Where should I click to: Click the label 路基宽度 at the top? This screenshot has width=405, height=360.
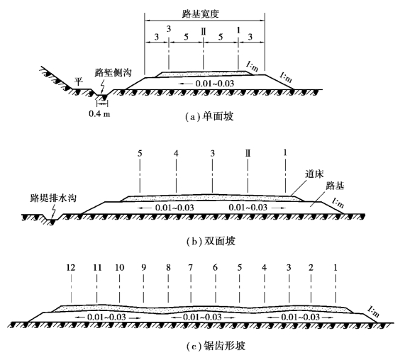click(x=201, y=13)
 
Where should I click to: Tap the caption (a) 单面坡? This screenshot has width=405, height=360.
click(x=209, y=117)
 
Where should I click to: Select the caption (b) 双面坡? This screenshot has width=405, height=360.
click(x=211, y=241)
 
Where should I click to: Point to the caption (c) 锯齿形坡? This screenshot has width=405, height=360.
click(x=216, y=346)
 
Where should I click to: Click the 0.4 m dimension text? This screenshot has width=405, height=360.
click(x=99, y=113)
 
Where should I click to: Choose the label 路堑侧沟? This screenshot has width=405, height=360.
click(x=113, y=72)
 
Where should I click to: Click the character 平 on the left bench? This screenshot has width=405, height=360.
click(x=79, y=81)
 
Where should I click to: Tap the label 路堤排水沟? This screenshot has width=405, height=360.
click(x=53, y=198)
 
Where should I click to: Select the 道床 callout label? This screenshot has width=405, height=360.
click(x=314, y=174)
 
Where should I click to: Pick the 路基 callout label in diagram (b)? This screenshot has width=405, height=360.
click(x=335, y=186)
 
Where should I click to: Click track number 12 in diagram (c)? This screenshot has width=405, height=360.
click(x=71, y=268)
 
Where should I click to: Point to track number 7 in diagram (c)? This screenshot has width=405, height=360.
click(x=191, y=268)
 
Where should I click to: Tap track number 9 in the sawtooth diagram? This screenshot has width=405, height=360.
click(x=143, y=268)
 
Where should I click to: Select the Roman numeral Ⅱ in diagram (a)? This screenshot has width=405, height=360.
click(x=204, y=32)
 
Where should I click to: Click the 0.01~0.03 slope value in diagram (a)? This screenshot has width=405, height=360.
click(x=215, y=84)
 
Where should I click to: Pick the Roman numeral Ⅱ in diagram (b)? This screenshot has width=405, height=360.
click(x=248, y=153)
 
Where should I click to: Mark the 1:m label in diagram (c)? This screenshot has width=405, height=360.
click(x=373, y=311)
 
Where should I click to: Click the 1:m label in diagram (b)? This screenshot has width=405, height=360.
click(x=338, y=203)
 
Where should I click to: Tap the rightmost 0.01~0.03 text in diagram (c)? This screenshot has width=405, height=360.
click(x=301, y=317)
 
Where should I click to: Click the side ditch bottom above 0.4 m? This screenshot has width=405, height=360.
click(x=102, y=95)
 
